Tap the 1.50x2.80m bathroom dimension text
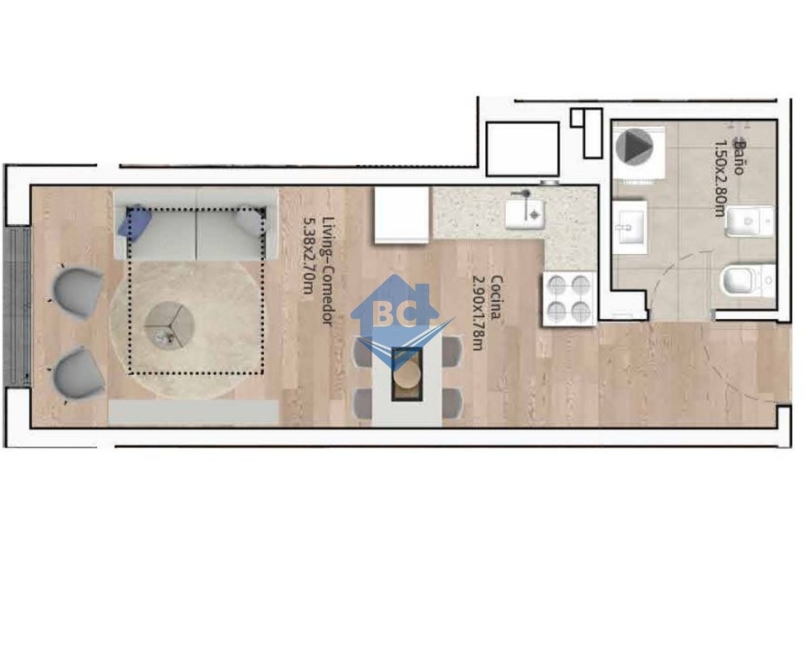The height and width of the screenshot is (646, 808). click(720, 179)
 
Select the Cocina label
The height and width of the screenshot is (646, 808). click(496, 297)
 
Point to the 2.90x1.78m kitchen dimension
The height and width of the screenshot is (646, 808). click(477, 313)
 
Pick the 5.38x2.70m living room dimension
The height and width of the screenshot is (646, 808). click(308, 256)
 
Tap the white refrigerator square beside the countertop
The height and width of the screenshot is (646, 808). click(402, 216)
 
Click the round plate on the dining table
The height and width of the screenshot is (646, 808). click(407, 374)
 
